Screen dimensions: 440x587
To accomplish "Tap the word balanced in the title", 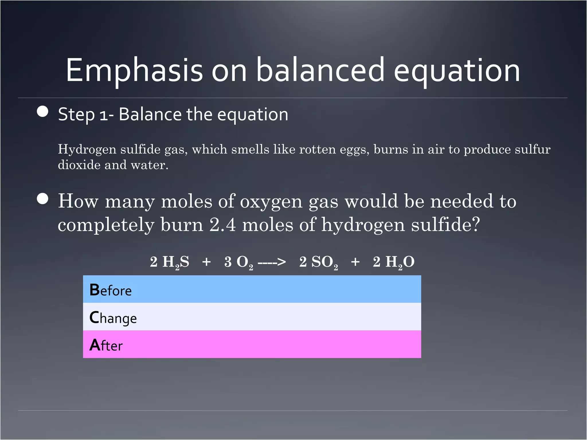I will (320, 70).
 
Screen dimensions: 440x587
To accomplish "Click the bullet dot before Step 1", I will (43, 111).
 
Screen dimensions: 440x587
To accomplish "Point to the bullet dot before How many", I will (43, 199).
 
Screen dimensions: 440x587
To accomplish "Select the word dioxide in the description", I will (79, 165).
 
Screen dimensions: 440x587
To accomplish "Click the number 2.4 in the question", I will (222, 225).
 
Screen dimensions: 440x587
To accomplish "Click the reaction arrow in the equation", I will (271, 262).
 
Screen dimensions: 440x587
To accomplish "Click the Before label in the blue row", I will (111, 290).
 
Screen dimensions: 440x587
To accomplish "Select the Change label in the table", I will (113, 318).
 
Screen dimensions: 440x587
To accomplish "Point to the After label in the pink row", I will (106, 345).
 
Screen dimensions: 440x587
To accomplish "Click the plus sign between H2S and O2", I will (206, 262).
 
